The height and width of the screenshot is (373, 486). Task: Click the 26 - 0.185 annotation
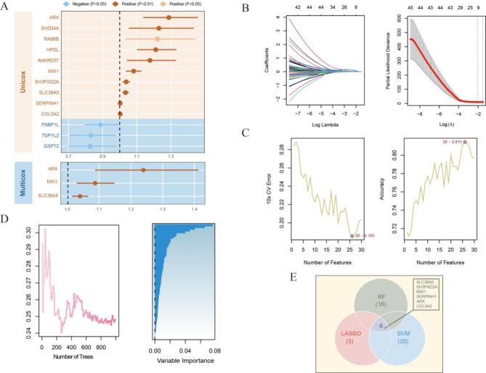(x=363, y=236)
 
